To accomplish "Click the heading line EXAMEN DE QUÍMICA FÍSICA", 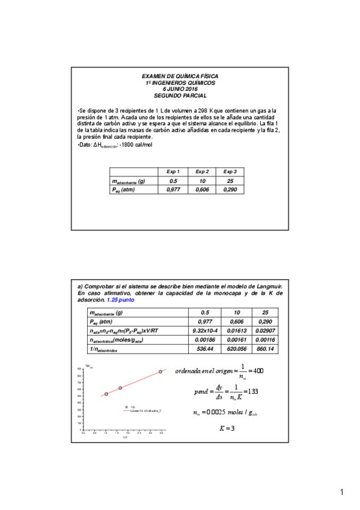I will click(180, 76).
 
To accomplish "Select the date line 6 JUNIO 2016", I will click(180, 89).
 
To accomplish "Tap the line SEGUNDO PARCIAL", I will click(180, 95).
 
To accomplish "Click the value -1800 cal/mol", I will click(136, 145).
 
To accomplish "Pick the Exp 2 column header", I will click(202, 172).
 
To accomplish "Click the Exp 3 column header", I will click(230, 172).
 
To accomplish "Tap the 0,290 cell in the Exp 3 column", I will click(230, 189).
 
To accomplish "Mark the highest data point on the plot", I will click(160, 372).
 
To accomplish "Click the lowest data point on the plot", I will click(106, 394).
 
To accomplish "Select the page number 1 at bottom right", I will click(341, 493).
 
